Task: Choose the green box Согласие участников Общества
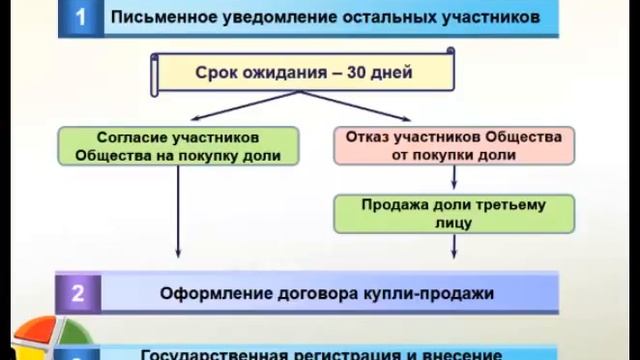tap(179, 146)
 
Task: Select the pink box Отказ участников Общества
tap(456, 146)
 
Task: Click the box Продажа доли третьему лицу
tap(456, 212)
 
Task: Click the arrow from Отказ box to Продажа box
tap(456, 179)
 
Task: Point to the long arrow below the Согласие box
tap(179, 220)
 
